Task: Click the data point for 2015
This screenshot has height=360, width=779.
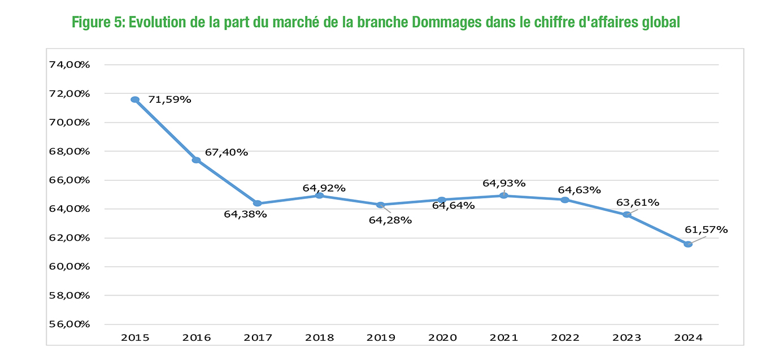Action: click(135, 99)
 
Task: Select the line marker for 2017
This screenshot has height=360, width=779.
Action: click(258, 203)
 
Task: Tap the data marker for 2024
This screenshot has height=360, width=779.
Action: click(687, 244)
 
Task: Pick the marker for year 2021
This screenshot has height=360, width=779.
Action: click(503, 196)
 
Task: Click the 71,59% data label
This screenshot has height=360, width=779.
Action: click(169, 100)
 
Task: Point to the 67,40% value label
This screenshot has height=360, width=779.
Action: click(227, 152)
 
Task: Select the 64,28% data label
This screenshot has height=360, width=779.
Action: click(390, 220)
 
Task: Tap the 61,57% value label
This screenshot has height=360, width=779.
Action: click(706, 229)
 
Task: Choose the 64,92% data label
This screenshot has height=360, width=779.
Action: click(324, 188)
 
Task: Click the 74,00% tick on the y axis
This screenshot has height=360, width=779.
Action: click(69, 64)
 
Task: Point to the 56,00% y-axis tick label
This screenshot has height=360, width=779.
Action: click(69, 324)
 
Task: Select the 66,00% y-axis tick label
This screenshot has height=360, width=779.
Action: click(69, 180)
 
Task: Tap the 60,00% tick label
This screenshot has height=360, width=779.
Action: click(69, 267)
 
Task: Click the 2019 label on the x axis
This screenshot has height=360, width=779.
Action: click(381, 338)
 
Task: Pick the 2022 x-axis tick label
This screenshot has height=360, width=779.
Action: click(565, 338)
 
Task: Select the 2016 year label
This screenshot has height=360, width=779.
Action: click(197, 338)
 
